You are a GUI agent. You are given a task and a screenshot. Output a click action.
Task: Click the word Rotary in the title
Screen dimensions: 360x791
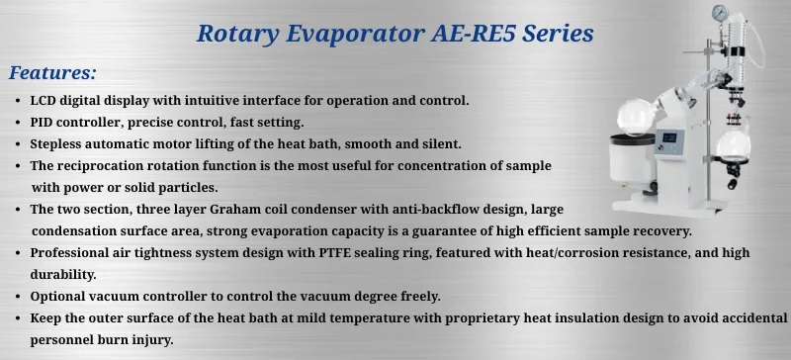pyautogui.click(x=235, y=33)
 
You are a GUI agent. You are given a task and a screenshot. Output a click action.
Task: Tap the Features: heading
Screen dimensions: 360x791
pyautogui.click(x=52, y=72)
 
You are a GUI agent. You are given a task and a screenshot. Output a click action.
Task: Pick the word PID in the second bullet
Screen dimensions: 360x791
pyautogui.click(x=44, y=122)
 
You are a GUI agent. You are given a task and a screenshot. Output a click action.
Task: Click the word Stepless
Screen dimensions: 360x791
pyautogui.click(x=58, y=143)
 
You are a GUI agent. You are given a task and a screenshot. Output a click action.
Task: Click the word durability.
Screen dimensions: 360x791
pyautogui.click(x=62, y=274)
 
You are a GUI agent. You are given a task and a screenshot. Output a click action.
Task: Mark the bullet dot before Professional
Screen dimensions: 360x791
pyautogui.click(x=20, y=252)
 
